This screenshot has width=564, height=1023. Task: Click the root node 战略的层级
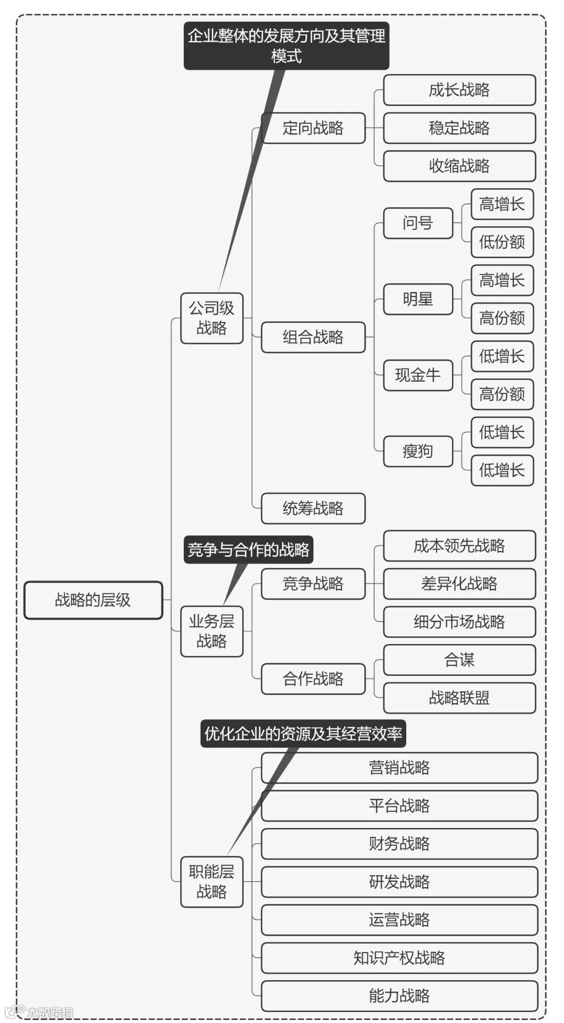[93, 600]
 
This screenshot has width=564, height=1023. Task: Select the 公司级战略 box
[211, 318]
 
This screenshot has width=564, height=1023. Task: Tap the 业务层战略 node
[211, 631]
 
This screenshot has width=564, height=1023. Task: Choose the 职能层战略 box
[211, 881]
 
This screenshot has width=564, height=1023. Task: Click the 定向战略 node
[313, 128]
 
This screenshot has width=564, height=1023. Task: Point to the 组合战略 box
[313, 337]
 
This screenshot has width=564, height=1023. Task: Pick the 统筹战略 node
[313, 508]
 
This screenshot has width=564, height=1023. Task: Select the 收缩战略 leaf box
[459, 166]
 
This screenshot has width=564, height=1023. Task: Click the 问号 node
[418, 223]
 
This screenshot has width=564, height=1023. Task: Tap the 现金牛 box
[418, 375]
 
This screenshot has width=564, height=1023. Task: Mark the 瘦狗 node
[418, 451]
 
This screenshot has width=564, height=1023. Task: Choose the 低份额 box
[502, 242]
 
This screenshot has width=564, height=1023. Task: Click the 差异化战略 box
[459, 583]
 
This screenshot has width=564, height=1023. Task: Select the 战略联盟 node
[459, 698]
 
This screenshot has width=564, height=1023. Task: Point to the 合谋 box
[459, 660]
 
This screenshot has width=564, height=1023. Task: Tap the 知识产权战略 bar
[399, 958]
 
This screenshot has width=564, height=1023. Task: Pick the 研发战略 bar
[399, 882]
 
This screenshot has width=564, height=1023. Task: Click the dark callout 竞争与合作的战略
[248, 550]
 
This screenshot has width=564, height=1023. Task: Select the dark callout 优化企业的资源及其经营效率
[303, 734]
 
